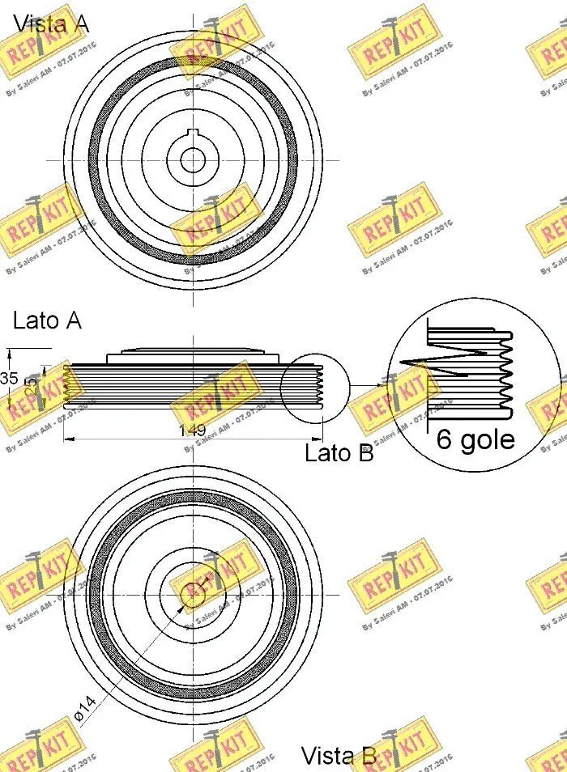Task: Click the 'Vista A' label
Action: pos(50,23)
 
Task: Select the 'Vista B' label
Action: pos(339,756)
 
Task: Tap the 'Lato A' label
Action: pos(47,320)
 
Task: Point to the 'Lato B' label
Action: pos(339,453)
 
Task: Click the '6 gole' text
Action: pos(475,439)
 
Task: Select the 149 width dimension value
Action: pos(192,430)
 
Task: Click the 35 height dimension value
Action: pos(9,379)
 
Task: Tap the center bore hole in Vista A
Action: pos(193,160)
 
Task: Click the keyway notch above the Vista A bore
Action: pos(193,134)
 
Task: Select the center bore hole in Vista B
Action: pos(193,593)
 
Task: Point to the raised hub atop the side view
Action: pos(193,352)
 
